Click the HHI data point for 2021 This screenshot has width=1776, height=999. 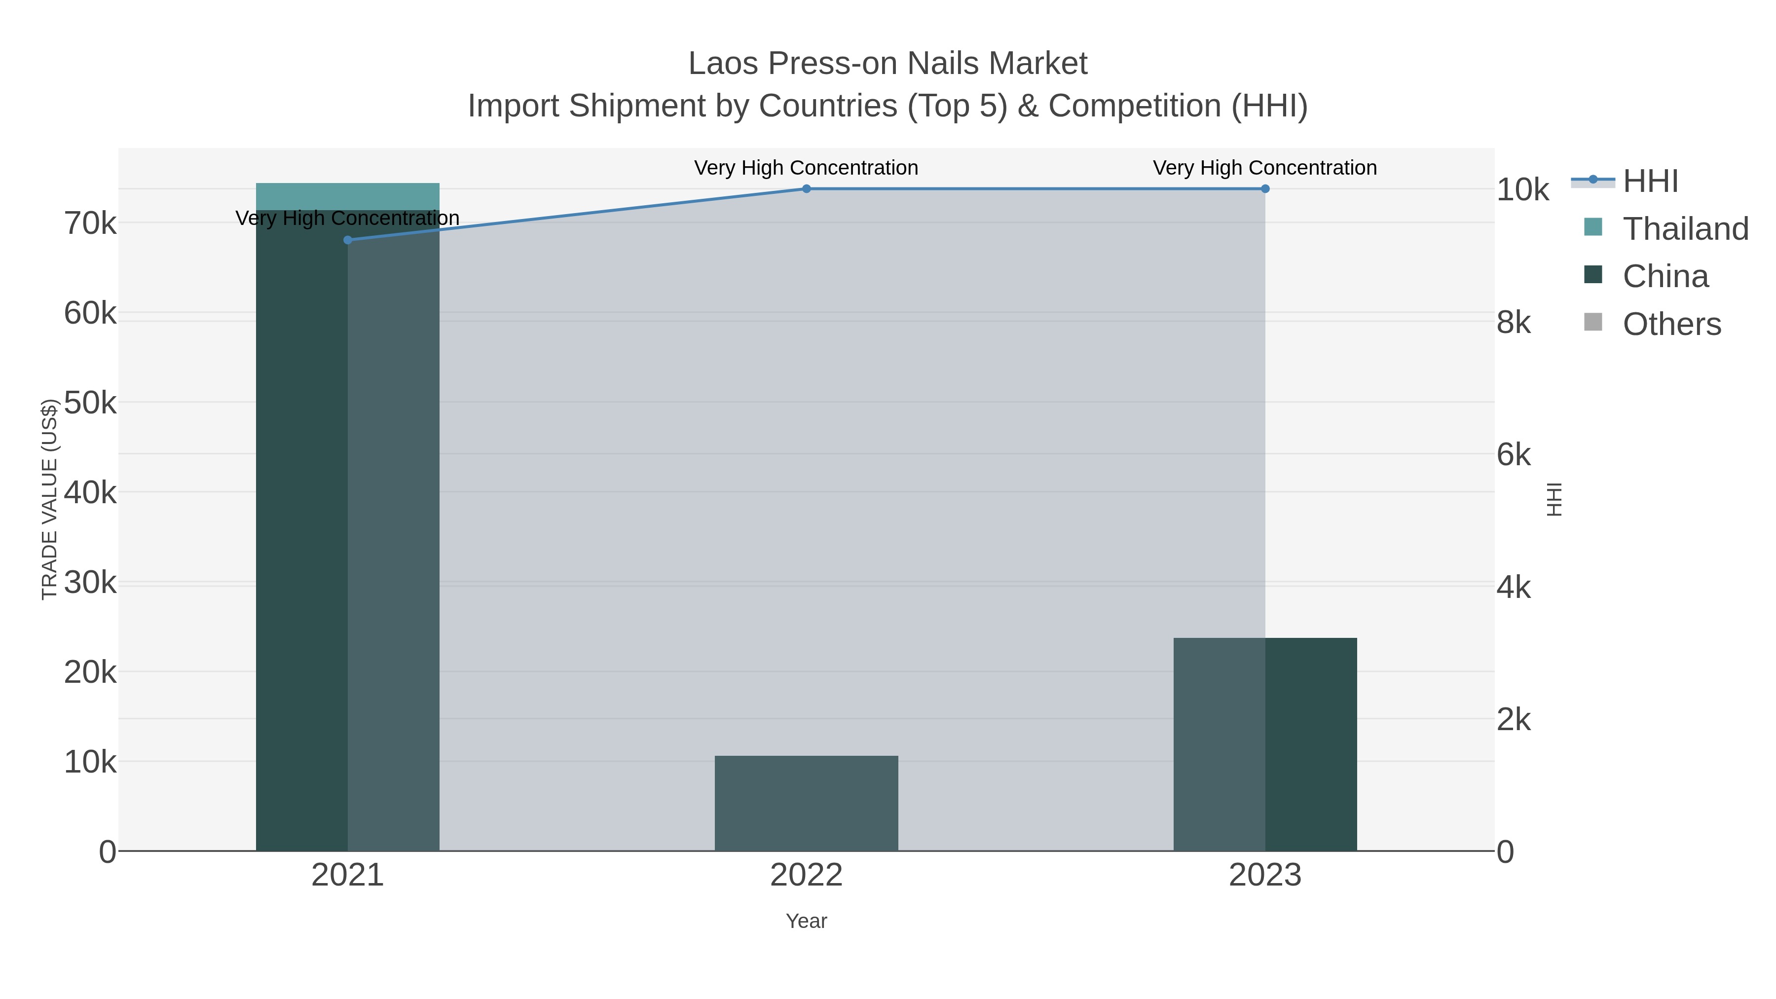click(347, 240)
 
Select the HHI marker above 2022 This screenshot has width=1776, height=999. click(806, 189)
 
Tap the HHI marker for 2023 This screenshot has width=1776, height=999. click(1264, 189)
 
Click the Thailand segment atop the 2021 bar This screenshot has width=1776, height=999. click(347, 196)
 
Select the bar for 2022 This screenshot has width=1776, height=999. click(806, 803)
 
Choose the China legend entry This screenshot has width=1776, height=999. click(1665, 276)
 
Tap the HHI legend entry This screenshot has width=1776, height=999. click(1649, 182)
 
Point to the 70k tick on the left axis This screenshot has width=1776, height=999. click(90, 223)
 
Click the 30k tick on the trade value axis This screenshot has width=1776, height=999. click(90, 583)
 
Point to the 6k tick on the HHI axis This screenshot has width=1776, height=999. click(1514, 455)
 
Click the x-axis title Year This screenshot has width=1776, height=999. click(806, 921)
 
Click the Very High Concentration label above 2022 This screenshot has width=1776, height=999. click(806, 168)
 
